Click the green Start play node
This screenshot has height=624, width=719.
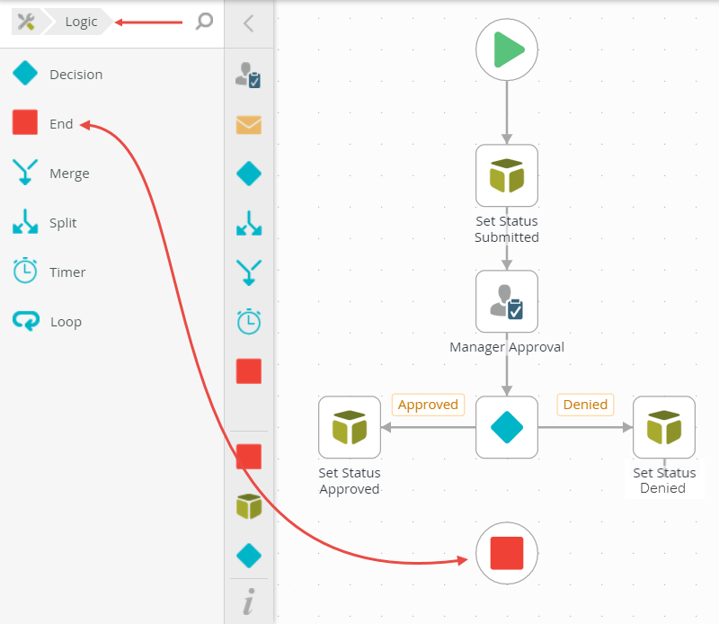click(x=507, y=49)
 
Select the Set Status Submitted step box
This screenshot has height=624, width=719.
click(x=507, y=175)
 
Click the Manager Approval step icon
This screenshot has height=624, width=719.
click(x=507, y=301)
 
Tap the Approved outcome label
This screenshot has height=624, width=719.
click(x=428, y=405)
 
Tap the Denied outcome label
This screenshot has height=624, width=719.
click(x=585, y=405)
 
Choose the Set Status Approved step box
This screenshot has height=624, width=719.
click(x=350, y=427)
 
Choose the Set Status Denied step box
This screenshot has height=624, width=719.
click(x=664, y=427)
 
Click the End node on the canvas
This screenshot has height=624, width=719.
click(x=507, y=553)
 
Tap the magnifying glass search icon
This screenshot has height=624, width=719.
click(x=204, y=22)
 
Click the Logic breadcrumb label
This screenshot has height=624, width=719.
click(x=81, y=22)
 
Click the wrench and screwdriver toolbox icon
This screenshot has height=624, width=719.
click(x=26, y=22)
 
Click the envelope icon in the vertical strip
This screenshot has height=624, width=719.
click(x=249, y=124)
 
